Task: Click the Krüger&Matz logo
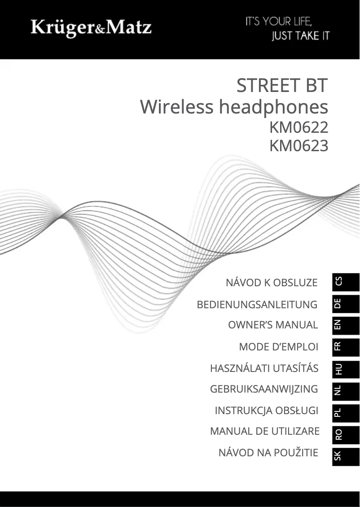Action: (x=91, y=28)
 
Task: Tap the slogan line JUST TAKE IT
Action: (x=300, y=36)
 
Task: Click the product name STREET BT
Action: (x=282, y=86)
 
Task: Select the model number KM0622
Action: (x=299, y=128)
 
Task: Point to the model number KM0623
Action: (x=299, y=146)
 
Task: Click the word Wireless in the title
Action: (x=176, y=107)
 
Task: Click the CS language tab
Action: (x=345, y=281)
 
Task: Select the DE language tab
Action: (x=345, y=303)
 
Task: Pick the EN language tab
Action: (x=345, y=325)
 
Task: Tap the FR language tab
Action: (x=345, y=346)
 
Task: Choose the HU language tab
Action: (x=345, y=368)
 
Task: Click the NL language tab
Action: (x=345, y=390)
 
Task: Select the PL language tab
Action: (x=345, y=412)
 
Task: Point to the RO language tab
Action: (x=345, y=433)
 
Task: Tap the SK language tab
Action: (x=345, y=455)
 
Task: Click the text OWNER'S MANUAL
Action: (x=273, y=325)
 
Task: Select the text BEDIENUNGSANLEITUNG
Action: (x=257, y=305)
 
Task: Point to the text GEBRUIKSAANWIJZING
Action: (x=264, y=389)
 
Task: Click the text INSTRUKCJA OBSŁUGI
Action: (x=267, y=411)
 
